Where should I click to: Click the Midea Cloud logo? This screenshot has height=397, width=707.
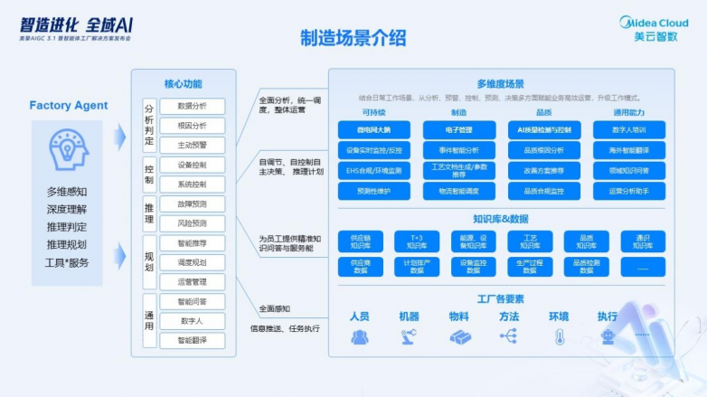pyautogui.click(x=653, y=29)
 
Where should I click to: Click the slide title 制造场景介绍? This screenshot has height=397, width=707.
pyautogui.click(x=353, y=38)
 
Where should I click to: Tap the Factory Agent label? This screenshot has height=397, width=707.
pyautogui.click(x=68, y=106)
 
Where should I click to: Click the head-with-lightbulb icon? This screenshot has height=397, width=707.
pyautogui.click(x=68, y=151)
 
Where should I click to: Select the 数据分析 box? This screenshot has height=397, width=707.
pyautogui.click(x=192, y=106)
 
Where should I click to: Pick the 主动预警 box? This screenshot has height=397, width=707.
pyautogui.click(x=192, y=145)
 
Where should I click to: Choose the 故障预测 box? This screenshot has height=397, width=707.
pyautogui.click(x=192, y=203)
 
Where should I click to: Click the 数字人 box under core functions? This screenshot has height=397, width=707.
pyautogui.click(x=192, y=321)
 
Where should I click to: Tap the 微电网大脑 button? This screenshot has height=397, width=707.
pyautogui.click(x=372, y=130)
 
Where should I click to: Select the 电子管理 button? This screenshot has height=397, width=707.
pyautogui.click(x=459, y=130)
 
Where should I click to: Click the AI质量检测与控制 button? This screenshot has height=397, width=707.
pyautogui.click(x=544, y=130)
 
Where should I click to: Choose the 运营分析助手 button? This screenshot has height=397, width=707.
pyautogui.click(x=630, y=191)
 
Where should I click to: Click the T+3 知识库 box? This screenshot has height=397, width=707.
pyautogui.click(x=417, y=241)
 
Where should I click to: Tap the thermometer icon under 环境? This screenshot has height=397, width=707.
pyautogui.click(x=559, y=336)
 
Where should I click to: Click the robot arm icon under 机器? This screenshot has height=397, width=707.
pyautogui.click(x=409, y=336)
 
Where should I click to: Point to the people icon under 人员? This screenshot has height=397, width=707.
pyautogui.click(x=360, y=336)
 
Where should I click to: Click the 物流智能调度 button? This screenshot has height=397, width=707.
pyautogui.click(x=459, y=191)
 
